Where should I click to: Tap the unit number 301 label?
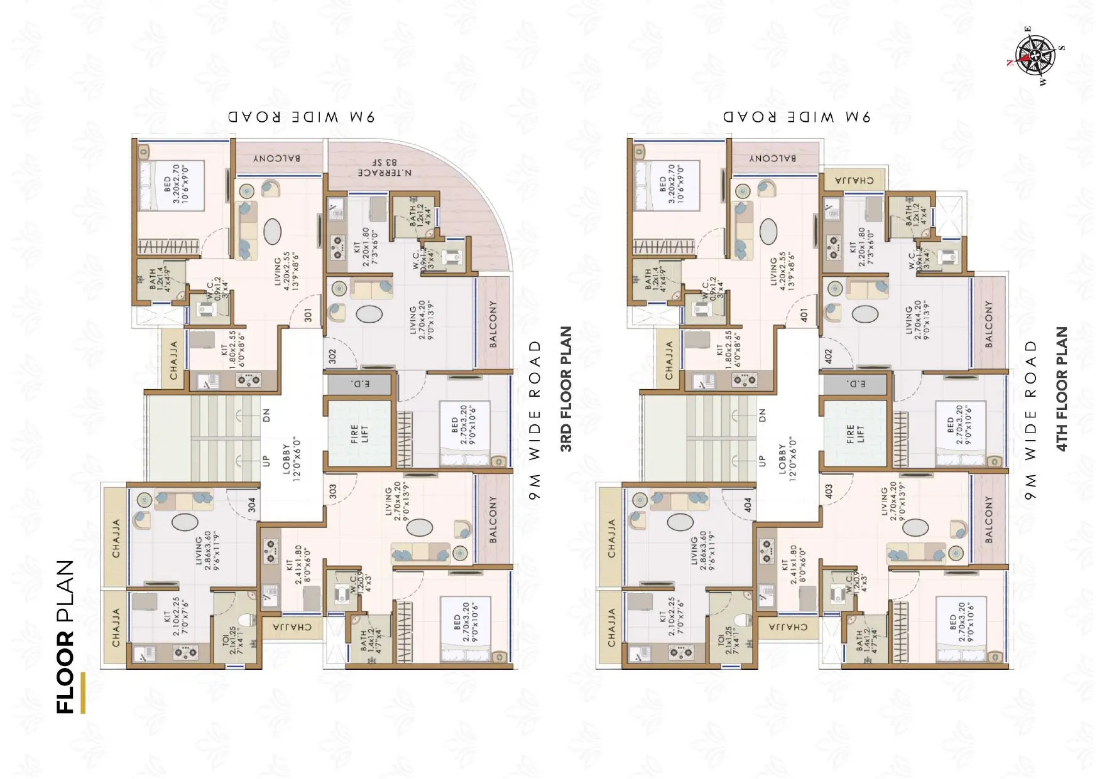pos(308,314)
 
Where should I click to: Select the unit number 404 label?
pos(747,505)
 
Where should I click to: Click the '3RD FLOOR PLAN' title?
pos(566,389)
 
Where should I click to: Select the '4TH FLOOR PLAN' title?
pos(1062,389)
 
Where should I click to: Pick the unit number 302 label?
pos(332,357)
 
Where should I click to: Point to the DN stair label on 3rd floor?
pos(266,415)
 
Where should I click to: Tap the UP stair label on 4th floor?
pos(762,460)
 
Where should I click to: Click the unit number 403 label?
pos(828,491)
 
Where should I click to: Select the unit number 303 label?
pos(332,491)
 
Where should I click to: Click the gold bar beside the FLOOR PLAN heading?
pos(83,692)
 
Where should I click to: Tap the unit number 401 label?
pos(804,314)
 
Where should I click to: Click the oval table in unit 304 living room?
pos(185,522)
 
